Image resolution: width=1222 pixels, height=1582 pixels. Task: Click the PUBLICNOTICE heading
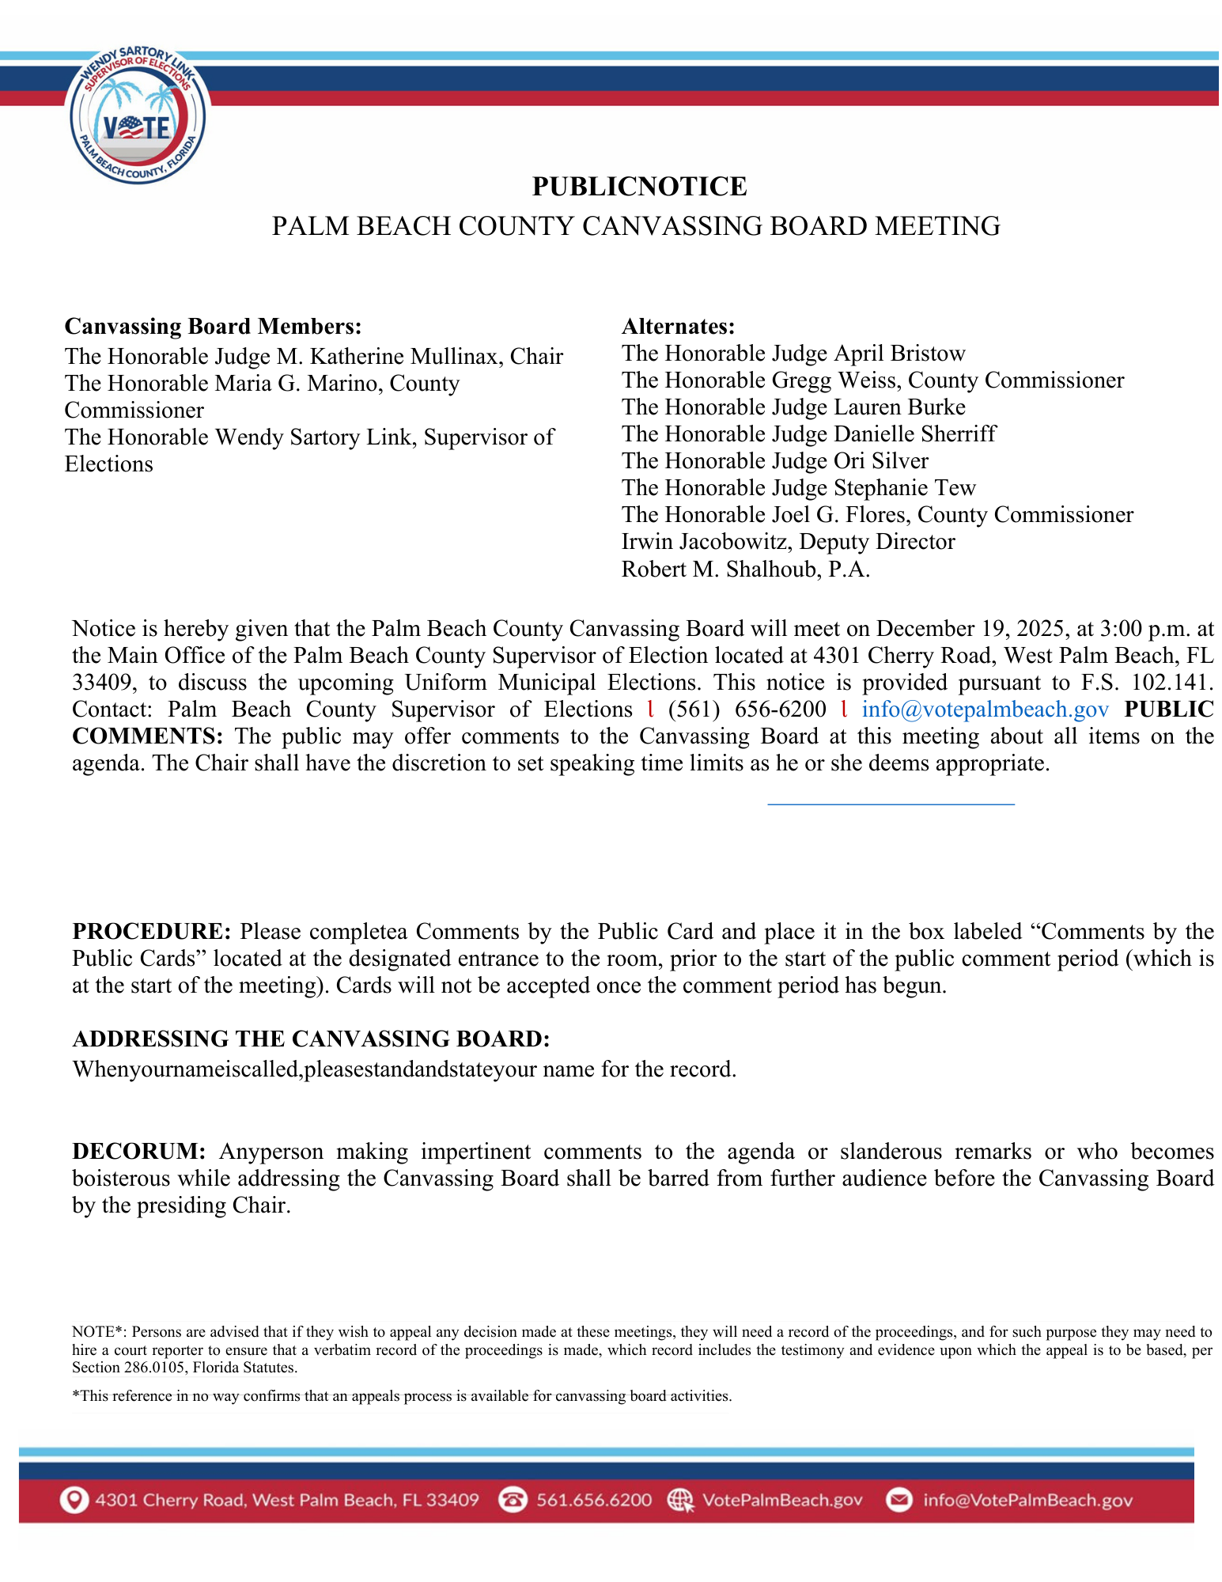pos(639,187)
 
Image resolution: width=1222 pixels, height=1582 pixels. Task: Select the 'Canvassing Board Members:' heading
pos(213,327)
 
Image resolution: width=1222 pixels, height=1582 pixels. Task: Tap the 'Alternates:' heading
pos(678,327)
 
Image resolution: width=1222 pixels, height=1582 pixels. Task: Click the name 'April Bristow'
pos(900,354)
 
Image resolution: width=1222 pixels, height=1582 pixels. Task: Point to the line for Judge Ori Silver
pos(774,461)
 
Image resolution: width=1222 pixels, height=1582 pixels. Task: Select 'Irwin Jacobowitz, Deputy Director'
pos(788,542)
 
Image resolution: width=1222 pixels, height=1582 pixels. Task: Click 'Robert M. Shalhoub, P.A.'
pos(745,570)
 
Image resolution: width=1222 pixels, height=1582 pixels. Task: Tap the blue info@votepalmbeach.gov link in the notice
pos(985,710)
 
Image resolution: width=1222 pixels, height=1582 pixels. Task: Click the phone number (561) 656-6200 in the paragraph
pos(747,710)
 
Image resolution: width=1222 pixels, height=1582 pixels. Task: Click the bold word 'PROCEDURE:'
pos(151,932)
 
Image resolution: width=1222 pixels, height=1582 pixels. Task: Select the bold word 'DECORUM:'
pos(139,1152)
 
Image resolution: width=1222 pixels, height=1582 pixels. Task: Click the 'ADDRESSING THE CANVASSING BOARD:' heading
pos(311,1039)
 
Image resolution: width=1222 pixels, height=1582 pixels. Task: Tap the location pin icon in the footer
pos(74,1501)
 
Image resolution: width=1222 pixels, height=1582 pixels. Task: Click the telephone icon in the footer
pos(513,1501)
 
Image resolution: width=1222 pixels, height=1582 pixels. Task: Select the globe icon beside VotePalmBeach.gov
pos(680,1501)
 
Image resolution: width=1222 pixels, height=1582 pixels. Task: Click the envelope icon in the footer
pos(899,1501)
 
